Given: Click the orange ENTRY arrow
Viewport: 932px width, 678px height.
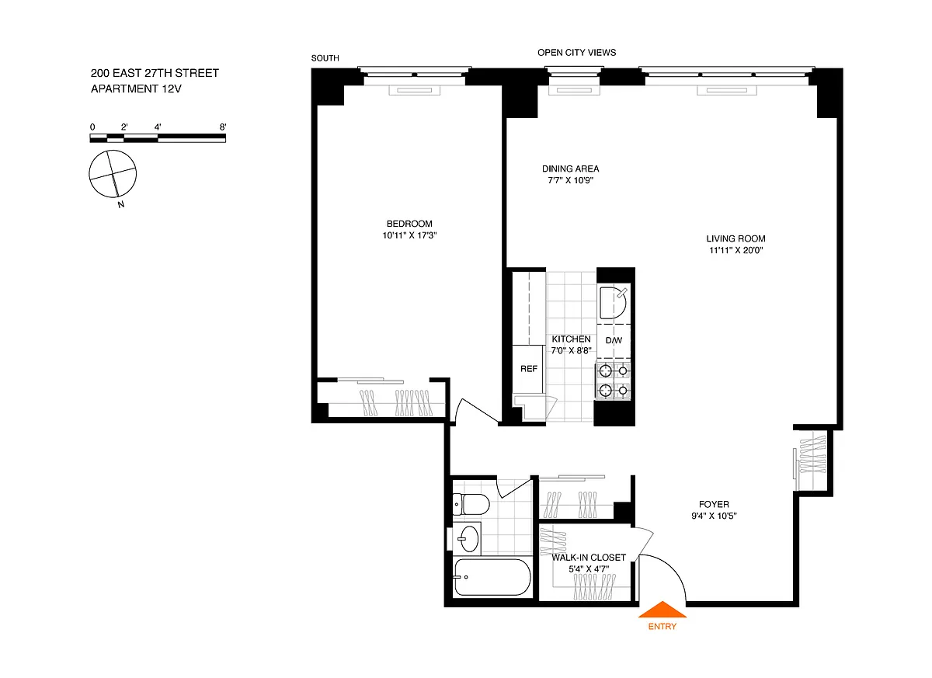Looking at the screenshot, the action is pos(662,610).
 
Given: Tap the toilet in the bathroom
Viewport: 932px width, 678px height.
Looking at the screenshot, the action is pos(471,505).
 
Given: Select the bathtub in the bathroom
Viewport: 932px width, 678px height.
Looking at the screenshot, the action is pos(492,577).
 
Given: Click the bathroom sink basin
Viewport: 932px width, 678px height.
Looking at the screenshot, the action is pos(470,539).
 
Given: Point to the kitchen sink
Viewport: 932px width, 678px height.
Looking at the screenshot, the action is pos(613,302).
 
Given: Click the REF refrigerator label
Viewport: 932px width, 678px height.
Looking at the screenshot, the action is pos(528,369).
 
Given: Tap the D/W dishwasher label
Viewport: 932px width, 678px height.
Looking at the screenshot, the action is pos(614,341).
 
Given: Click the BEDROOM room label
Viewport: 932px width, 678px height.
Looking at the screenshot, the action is pos(409,224).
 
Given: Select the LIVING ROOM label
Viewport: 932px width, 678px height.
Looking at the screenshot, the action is pos(736,238).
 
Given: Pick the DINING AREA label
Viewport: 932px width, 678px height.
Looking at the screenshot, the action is pos(570,169).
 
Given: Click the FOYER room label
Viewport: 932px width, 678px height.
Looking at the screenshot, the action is pos(714,505).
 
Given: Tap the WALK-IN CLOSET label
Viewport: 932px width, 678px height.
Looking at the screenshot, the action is pos(589,558).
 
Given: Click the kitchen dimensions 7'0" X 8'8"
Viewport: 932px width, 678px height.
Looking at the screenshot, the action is pos(572,350).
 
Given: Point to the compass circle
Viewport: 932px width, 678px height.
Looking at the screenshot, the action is pos(113,173).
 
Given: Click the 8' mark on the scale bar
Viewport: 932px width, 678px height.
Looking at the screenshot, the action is pos(223,127).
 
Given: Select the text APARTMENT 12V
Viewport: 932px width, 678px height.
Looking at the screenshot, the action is pos(136,89).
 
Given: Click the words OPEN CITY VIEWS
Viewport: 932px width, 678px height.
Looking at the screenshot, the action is pos(576,52).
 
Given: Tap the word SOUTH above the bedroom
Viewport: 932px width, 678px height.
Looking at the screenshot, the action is pos(325,58).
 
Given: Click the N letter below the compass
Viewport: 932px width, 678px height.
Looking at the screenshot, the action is pos(121,204).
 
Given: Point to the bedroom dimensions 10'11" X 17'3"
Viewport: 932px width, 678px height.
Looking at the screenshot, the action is pos(409,235).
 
